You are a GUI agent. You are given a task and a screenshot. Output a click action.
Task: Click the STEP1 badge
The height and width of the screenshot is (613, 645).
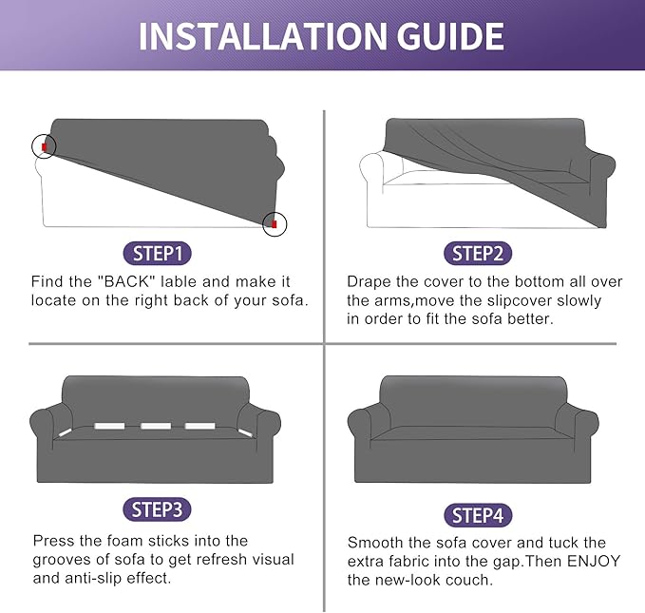(157, 253)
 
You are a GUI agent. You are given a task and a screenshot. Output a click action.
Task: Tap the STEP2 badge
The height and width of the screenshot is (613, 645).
(478, 253)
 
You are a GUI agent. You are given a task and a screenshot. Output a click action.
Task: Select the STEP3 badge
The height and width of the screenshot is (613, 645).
(157, 509)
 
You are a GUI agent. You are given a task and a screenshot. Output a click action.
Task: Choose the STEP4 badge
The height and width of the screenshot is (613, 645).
(478, 515)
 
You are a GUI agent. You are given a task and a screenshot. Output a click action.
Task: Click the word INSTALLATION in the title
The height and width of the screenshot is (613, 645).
(263, 36)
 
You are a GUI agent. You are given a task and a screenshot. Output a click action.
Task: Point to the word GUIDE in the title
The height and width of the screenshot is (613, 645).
(450, 36)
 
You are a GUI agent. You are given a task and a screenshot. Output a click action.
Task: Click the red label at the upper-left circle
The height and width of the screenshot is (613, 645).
(44, 147)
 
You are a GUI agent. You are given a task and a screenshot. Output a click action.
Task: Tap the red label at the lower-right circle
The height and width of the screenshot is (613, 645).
(275, 224)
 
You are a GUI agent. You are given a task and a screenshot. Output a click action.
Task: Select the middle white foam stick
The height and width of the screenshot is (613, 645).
(156, 426)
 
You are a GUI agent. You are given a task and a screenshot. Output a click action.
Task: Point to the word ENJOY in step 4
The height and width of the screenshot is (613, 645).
(594, 561)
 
